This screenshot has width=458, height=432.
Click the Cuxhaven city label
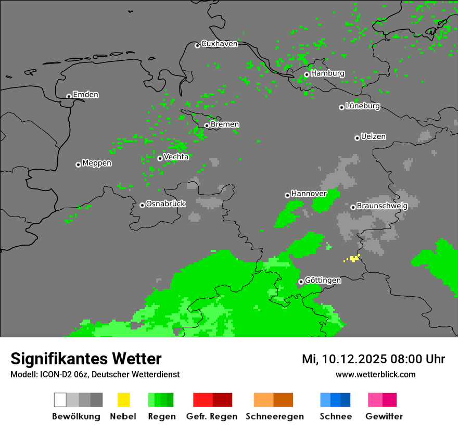[219, 44]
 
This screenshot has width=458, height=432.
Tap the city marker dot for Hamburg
[307, 74]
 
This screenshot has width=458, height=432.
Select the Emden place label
[85, 95]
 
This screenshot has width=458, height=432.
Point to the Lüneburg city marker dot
[341, 107]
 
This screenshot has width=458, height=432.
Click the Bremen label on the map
[225, 124]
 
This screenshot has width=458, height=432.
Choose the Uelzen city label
[373, 137]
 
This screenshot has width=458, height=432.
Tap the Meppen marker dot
[78, 164]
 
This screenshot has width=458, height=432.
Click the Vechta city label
[176, 157]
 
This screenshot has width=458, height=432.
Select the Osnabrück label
[166, 204]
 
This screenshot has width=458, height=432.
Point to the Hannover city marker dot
[287, 195]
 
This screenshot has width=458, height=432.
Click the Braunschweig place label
[382, 206]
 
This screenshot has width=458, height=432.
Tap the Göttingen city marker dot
[301, 282]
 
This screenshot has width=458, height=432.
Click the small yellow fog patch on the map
[354, 258]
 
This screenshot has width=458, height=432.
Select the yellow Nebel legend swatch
[123, 400]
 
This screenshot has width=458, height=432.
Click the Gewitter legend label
[384, 416]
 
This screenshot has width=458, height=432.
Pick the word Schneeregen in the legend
[275, 416]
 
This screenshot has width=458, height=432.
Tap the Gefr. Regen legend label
[212, 416]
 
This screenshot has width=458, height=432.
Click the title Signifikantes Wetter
[86, 359]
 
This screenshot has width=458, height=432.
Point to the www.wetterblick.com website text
[375, 374]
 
